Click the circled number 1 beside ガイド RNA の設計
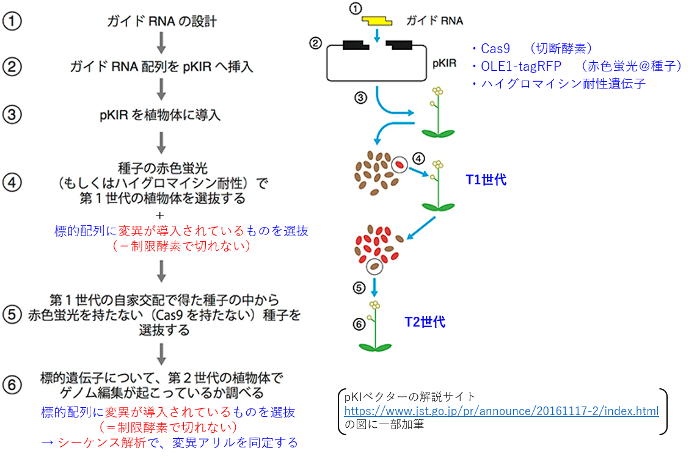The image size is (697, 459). [x=12, y=21]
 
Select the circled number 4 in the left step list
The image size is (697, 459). [x=12, y=182]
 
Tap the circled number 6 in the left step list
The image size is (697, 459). [x=12, y=385]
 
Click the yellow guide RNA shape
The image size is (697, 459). [x=376, y=20]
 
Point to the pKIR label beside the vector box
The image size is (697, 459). [x=445, y=63]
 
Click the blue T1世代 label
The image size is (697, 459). [x=486, y=179]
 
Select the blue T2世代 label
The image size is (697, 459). [x=425, y=322]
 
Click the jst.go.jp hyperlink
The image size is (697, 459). [x=502, y=411]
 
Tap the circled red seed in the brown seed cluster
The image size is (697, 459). [x=400, y=165]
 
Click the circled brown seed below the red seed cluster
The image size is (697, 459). [x=374, y=267]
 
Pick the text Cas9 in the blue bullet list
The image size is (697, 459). [x=495, y=48]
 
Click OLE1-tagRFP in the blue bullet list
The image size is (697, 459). [x=521, y=66]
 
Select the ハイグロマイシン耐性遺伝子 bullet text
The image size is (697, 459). [x=563, y=84]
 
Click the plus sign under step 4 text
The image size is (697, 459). [x=160, y=215]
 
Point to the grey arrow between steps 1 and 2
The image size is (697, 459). [x=161, y=43]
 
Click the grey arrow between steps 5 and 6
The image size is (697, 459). [x=161, y=354]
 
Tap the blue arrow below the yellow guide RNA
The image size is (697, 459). [x=377, y=36]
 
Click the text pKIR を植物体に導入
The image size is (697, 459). [x=160, y=115]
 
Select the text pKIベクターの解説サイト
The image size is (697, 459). [x=410, y=396]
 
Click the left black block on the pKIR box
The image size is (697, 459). [x=356, y=45]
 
